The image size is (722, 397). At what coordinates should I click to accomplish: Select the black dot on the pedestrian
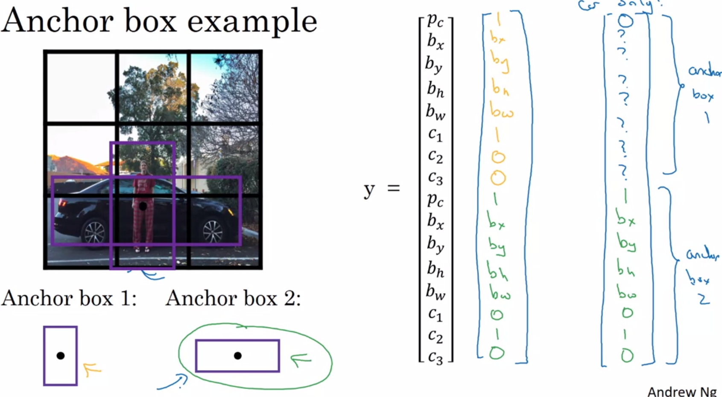143,206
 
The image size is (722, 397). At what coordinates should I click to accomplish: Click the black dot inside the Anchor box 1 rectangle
61,356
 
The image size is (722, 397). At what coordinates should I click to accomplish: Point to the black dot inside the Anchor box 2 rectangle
238,356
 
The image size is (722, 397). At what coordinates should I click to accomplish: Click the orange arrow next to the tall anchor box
91,369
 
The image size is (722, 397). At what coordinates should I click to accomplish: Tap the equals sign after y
393,188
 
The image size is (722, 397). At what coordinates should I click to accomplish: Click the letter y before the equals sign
369,190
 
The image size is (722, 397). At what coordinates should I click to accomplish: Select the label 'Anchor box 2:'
233,298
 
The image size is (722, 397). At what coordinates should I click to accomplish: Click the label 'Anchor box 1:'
69,298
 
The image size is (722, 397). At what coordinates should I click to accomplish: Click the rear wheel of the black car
95,233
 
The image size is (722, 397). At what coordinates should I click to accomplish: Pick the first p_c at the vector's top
435,20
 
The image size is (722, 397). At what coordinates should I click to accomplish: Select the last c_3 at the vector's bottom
435,357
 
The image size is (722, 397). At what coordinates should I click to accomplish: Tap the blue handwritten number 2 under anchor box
704,299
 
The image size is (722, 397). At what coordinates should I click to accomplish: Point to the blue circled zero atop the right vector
625,21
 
